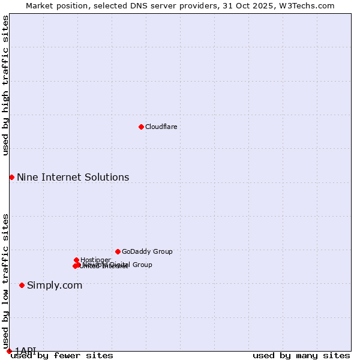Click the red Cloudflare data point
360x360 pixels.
pos(141,127)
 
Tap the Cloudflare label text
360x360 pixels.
pos(161,127)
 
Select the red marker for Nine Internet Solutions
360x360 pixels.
pos(11,177)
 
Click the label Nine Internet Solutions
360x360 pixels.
pos(73,177)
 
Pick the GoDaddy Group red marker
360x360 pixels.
pos(118,251)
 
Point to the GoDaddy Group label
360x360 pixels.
pos(147,251)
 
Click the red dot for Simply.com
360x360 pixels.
pos(22,285)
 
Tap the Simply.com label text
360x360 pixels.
pos(55,285)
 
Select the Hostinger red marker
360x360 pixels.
pos(76,260)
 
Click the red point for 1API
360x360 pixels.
pos(9,351)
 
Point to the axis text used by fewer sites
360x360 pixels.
pos(62,355)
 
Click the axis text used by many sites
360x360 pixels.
pos(301,355)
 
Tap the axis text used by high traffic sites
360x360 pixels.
pos(5,85)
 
